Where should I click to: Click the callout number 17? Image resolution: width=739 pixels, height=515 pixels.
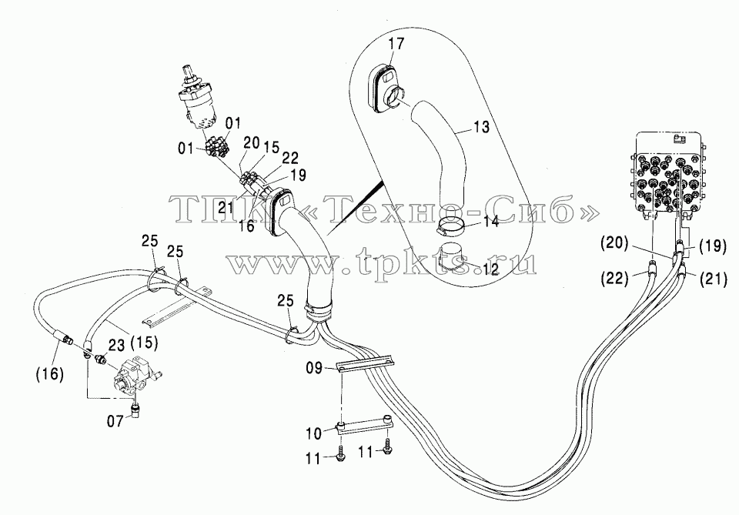[397, 44]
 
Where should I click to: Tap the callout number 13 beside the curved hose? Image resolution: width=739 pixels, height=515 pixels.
[480, 127]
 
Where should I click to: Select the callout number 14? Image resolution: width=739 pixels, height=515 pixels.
[490, 222]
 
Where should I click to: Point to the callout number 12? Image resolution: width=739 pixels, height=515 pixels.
[490, 269]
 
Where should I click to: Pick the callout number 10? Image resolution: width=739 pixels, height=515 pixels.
[314, 433]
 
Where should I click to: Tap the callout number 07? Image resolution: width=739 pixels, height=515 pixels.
[115, 421]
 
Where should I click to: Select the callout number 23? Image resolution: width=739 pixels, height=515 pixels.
[117, 346]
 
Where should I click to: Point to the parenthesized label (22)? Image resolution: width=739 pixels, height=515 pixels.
[615, 279]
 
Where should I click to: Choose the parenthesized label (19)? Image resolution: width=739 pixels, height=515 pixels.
[712, 246]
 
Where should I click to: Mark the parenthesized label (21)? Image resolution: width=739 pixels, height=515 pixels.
[713, 279]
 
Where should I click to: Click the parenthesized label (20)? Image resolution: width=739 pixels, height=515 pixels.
[614, 243]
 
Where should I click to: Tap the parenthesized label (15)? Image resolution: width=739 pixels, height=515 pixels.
[144, 343]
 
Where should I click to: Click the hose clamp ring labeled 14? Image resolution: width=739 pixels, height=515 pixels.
[452, 226]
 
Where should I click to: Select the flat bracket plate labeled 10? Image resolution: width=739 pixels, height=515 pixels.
[365, 425]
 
